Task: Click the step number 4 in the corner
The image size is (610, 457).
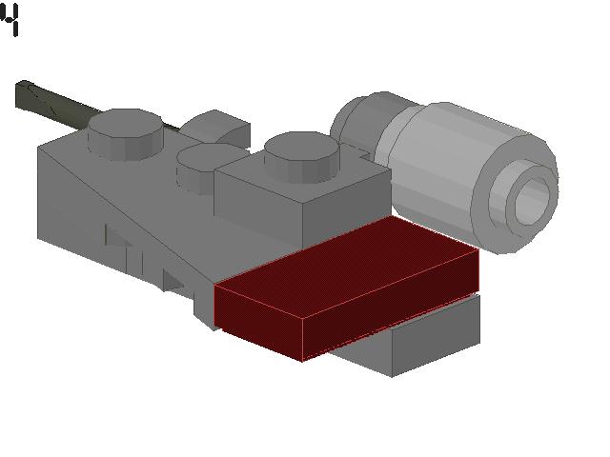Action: pyautogui.click(x=10, y=20)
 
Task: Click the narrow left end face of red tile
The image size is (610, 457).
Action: pyautogui.click(x=257, y=319)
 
